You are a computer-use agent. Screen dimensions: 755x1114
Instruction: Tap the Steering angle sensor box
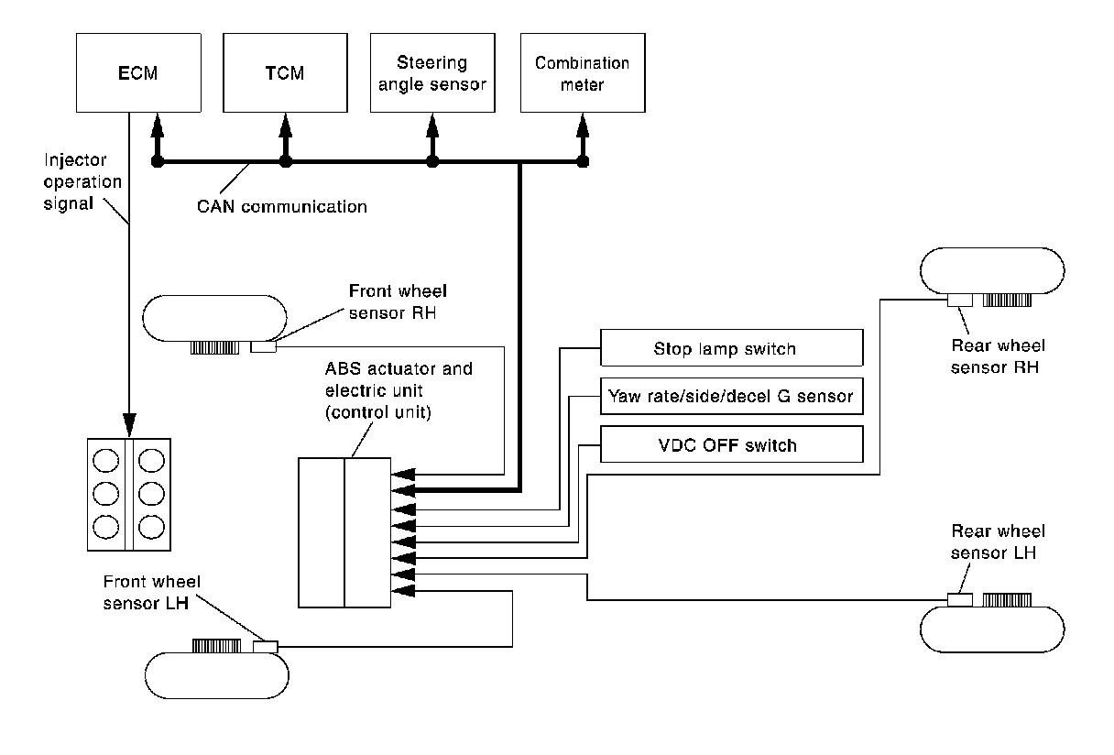[x=431, y=72]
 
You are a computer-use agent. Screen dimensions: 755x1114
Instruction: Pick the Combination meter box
[x=582, y=72]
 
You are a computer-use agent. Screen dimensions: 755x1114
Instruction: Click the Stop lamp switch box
[x=731, y=348]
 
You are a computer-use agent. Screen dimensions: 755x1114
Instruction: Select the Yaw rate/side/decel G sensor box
[x=731, y=397]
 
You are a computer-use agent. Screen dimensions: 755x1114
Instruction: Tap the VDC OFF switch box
[x=731, y=445]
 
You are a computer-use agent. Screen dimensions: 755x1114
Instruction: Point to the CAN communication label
[x=282, y=207]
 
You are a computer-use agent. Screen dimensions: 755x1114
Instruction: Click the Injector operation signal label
[x=82, y=181]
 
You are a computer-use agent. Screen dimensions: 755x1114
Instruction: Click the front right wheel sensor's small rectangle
[x=262, y=347]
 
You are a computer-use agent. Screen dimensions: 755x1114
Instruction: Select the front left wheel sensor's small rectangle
[x=265, y=647]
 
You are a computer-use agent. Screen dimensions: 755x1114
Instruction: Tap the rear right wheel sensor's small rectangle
[x=960, y=300]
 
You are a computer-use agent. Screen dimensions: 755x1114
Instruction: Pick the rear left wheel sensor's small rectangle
[x=960, y=600]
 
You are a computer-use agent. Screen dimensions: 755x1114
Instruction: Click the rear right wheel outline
[x=991, y=270]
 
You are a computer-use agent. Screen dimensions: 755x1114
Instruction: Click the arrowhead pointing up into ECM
[x=157, y=123]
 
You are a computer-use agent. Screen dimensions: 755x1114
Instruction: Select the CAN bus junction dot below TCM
[x=286, y=163]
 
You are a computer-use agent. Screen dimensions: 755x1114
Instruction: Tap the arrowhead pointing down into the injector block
[x=129, y=424]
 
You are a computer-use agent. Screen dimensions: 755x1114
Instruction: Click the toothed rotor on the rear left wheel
[x=1008, y=600]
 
